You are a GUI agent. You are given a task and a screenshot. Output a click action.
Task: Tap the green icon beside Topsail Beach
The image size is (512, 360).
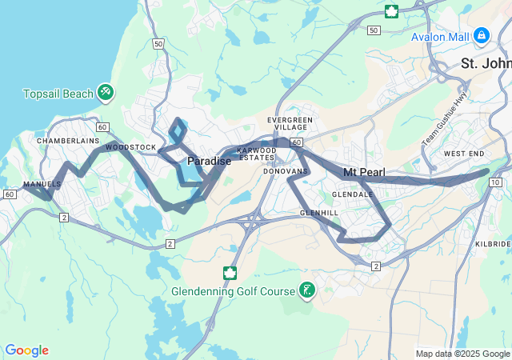tap(106, 93)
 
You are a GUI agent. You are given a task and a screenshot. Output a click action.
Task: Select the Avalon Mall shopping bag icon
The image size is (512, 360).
tap(481, 36)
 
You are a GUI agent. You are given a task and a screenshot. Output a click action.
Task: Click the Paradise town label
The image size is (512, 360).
tap(209, 162)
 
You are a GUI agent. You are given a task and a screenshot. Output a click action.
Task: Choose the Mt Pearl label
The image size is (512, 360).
tap(364, 173)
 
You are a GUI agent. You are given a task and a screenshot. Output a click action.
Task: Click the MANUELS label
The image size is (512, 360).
tap(42, 184)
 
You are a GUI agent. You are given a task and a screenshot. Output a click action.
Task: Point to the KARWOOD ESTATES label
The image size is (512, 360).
tap(256, 154)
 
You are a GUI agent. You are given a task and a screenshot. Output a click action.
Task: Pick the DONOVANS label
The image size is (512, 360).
tap(286, 171)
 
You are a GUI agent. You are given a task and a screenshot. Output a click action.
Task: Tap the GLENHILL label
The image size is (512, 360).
tap(319, 213)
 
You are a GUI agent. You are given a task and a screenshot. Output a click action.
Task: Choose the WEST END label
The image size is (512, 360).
tap(464, 154)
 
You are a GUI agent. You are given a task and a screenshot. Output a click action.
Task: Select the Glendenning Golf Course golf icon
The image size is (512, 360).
tap(306, 290)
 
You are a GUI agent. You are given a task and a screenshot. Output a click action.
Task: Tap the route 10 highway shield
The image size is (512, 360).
tap(496, 183)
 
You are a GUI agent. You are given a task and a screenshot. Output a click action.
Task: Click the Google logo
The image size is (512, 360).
tap(26, 350)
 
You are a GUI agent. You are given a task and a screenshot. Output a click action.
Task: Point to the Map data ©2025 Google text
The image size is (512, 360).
tap(462, 354)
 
